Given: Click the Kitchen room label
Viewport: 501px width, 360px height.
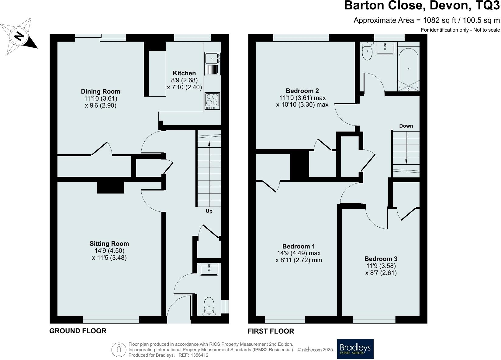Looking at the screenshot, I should (184, 73).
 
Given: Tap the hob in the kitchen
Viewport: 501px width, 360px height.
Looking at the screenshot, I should (212, 101).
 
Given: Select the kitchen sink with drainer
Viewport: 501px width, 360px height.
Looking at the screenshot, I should (212, 64).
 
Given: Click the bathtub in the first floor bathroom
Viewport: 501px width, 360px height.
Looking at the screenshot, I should (408, 69).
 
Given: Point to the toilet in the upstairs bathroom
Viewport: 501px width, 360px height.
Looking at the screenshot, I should (367, 52).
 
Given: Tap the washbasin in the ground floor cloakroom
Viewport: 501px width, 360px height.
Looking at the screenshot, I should (209, 269).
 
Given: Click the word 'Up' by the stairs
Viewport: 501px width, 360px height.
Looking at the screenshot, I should (209, 211).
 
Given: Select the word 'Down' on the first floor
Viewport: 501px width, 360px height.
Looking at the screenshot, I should (406, 126).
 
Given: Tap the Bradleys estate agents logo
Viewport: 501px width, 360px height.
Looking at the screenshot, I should (355, 349).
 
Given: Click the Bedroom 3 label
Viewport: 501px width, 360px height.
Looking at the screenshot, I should (381, 259).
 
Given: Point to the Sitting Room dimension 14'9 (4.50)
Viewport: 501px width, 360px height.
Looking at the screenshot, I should (109, 251).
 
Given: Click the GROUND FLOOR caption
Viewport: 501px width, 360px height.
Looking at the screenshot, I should (78, 331).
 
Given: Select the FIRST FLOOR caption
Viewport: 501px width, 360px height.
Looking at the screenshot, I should (271, 331).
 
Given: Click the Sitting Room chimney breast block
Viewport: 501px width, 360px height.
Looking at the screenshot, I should (110, 187).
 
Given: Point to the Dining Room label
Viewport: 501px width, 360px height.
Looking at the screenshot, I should (100, 91).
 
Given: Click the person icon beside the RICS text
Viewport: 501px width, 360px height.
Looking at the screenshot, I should (119, 350).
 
